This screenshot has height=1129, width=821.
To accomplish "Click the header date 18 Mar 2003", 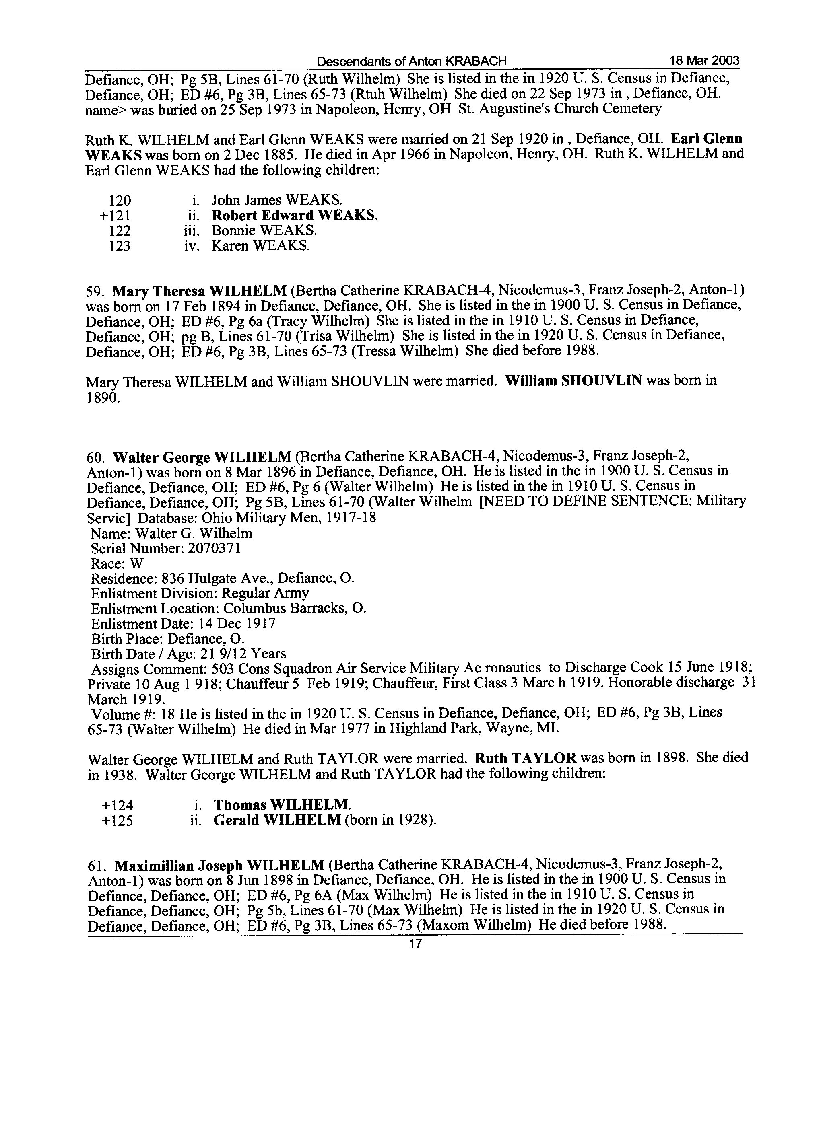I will point(704,61).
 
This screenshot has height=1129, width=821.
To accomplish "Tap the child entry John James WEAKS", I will point(276,200).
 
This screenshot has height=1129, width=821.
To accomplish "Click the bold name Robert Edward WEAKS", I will point(294,216).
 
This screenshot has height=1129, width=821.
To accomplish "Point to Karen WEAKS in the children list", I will point(260,245).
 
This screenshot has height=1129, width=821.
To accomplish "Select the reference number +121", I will point(116,216).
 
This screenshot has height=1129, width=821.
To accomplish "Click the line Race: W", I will point(117,563).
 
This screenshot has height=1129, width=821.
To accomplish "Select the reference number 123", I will point(120,246).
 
